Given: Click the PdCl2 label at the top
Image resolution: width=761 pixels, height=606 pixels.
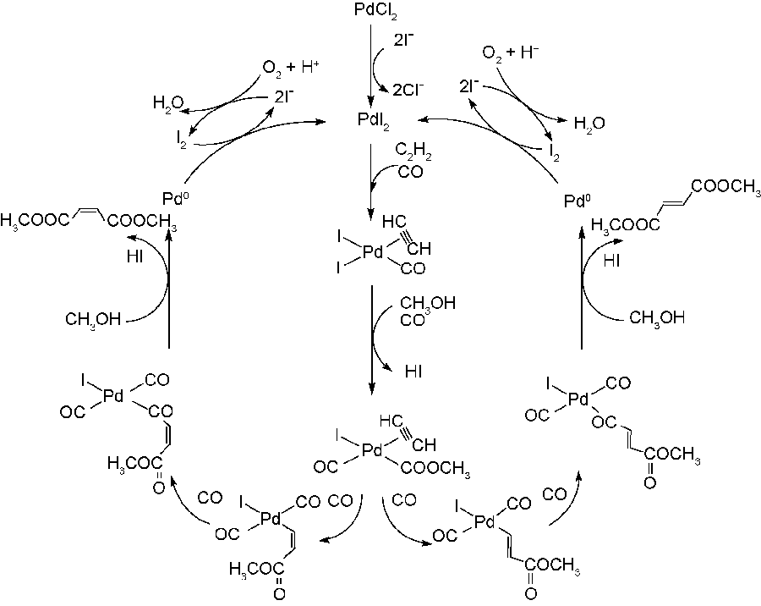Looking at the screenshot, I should [x=373, y=11].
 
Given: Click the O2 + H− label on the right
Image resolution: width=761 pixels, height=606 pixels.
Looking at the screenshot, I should [x=511, y=53].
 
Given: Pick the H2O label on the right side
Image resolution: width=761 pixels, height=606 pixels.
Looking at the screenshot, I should [x=589, y=124].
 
